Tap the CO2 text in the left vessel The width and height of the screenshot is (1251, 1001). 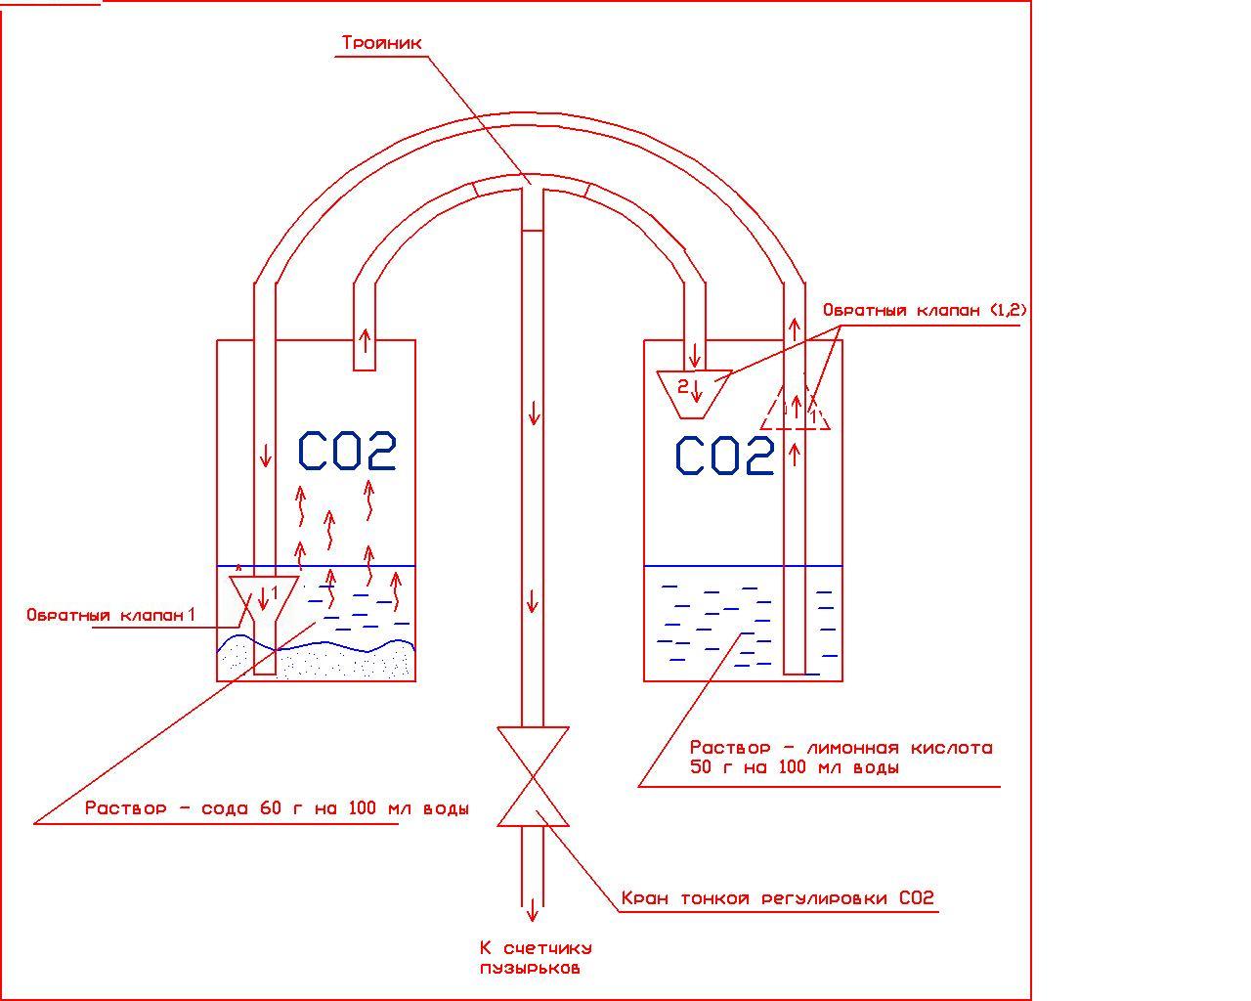click(x=347, y=452)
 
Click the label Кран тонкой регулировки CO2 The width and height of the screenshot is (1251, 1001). click(x=778, y=898)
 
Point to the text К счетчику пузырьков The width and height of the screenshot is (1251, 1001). click(x=535, y=958)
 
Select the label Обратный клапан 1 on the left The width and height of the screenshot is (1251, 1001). click(x=110, y=615)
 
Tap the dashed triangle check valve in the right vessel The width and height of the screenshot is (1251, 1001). click(x=796, y=409)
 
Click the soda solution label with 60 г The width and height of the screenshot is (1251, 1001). click(x=277, y=809)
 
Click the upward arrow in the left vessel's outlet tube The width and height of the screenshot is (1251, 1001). click(x=365, y=340)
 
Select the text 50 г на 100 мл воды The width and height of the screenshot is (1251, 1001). click(x=794, y=767)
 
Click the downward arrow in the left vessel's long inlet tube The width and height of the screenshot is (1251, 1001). click(x=264, y=456)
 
